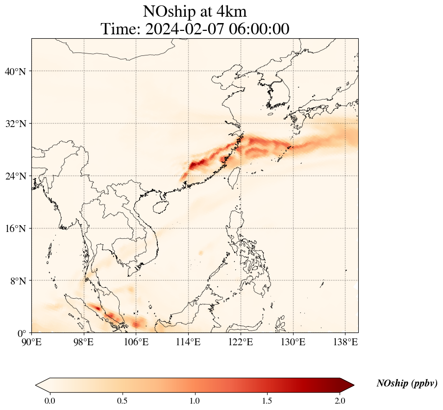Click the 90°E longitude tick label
(32, 342)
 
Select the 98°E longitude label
(84, 342)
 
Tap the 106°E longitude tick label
(136, 342)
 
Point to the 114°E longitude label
(188, 342)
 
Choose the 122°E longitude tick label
(241, 342)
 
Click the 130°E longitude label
(293, 342)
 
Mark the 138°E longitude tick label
(345, 342)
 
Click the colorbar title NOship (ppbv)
(407, 384)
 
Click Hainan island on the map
(158, 206)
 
